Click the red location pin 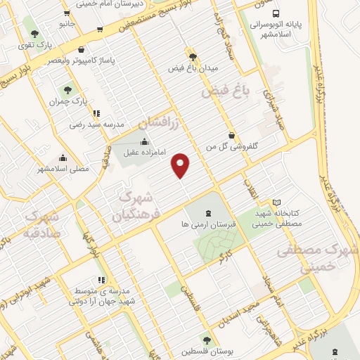click(x=181, y=165)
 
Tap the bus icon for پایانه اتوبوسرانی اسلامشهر click(x=276, y=13)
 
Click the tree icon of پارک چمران click(x=67, y=90)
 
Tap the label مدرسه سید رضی click(x=96, y=124)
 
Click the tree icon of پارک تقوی click(x=34, y=32)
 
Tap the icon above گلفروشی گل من click(x=231, y=136)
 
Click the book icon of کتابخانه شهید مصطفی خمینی click(x=276, y=202)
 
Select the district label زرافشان click(x=166, y=123)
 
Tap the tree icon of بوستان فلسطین click(x=205, y=340)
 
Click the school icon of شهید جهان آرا click(x=101, y=280)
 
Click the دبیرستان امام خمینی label click(x=103, y=4)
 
